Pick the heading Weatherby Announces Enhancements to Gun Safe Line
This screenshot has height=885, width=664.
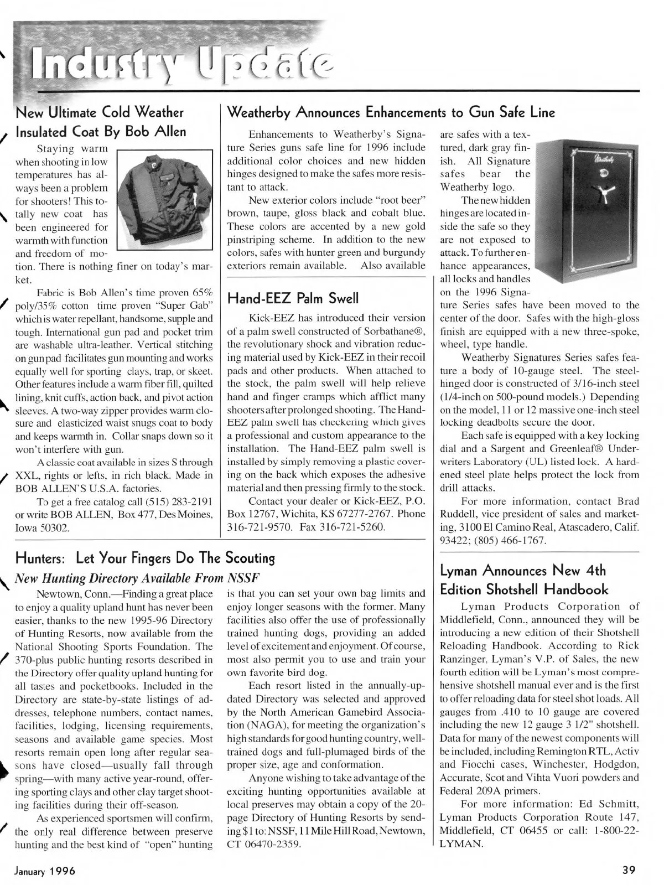391,113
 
